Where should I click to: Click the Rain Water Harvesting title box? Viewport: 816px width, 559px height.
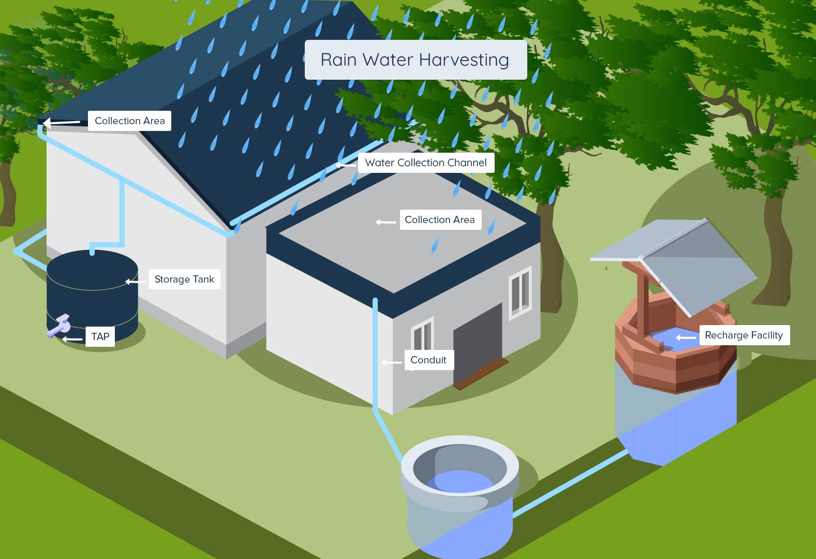click(x=416, y=60)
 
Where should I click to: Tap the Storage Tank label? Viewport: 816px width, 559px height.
click(x=184, y=279)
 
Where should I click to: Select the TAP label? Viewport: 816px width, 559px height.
click(x=100, y=336)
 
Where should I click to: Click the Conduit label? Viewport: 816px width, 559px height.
click(x=429, y=360)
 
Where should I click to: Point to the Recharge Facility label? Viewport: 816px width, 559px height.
click(x=744, y=335)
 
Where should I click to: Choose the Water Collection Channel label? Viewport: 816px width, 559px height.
click(x=426, y=163)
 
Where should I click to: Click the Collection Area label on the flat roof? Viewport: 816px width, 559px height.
click(x=440, y=219)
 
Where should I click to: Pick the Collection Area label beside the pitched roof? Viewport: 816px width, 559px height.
click(x=129, y=121)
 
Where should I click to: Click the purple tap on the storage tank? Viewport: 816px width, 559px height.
click(x=59, y=326)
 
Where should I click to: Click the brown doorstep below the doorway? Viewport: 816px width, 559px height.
click(x=481, y=374)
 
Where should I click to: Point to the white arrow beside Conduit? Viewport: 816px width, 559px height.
click(x=391, y=362)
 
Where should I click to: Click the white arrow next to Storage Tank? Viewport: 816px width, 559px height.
click(x=135, y=282)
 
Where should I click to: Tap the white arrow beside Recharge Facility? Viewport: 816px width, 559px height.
click(x=686, y=338)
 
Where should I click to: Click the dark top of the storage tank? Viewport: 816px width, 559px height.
click(x=92, y=270)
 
